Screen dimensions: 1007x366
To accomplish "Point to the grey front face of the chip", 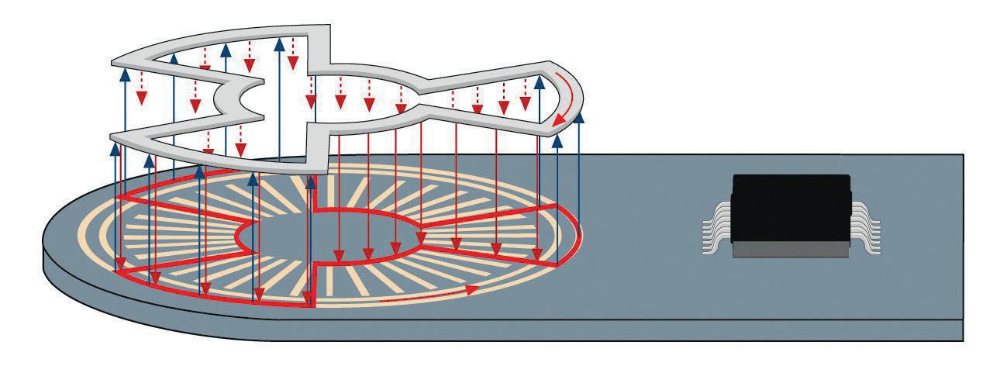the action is pos(791,249).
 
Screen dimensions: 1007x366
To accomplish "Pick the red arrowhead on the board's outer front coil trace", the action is pos(470,289).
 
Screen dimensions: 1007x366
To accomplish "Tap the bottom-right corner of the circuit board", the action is pos(964,340).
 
